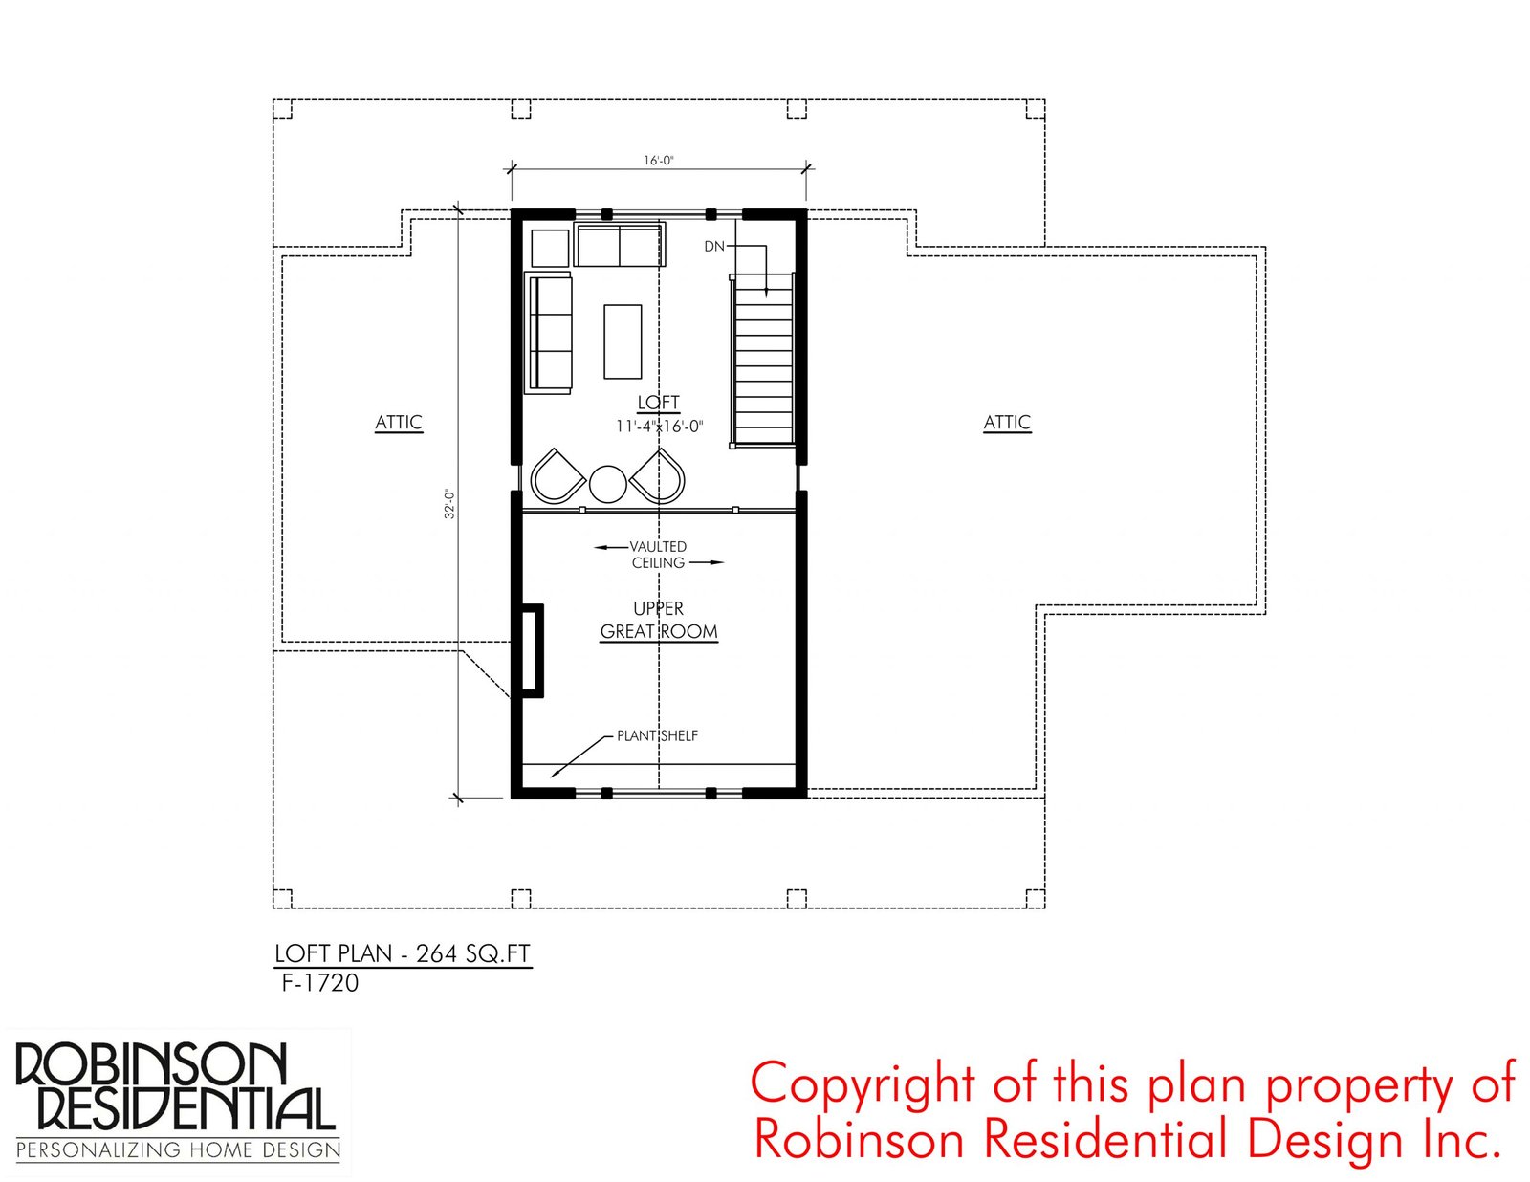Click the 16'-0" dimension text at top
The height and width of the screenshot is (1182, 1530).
click(658, 160)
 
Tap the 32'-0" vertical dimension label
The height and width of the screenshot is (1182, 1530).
click(450, 504)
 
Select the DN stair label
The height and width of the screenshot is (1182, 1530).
click(714, 246)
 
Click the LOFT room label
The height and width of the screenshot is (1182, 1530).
click(658, 403)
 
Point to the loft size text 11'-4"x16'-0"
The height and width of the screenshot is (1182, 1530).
click(659, 427)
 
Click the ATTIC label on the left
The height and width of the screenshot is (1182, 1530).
click(399, 423)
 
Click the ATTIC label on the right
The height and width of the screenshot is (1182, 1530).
click(1007, 423)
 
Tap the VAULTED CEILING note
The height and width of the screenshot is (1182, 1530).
click(658, 555)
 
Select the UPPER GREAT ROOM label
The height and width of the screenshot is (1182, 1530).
click(658, 621)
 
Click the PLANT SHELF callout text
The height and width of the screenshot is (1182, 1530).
click(658, 735)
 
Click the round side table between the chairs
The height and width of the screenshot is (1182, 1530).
click(607, 484)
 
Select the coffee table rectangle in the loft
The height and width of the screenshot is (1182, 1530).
click(623, 341)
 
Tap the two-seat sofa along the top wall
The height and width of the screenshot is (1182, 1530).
click(620, 244)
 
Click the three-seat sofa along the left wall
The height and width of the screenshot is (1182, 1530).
click(549, 332)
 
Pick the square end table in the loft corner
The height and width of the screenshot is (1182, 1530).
click(550, 248)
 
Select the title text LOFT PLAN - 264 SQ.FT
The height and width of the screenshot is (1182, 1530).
click(403, 953)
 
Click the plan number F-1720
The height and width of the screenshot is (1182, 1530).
click(320, 983)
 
